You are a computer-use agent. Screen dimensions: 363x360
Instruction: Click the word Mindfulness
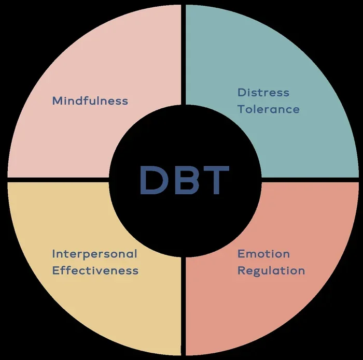pos(90,101)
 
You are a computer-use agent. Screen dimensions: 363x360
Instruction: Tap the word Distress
pos(263,93)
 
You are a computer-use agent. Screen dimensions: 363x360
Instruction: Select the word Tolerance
pos(269,109)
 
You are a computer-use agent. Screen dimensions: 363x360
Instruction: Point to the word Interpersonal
pos(95,254)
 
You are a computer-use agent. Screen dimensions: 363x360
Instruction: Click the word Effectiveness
pos(95,270)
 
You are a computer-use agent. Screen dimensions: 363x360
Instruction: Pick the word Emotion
pos(263,254)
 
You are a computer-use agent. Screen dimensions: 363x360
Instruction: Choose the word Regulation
pos(271,271)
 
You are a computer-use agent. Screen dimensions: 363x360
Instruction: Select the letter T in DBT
pos(215,180)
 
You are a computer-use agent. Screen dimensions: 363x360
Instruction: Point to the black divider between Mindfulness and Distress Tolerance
pos(184,55)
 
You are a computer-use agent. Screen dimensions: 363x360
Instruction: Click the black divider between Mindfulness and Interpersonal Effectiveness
pos(58,180)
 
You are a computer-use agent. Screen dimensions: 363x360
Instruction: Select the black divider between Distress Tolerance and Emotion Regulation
pos(310,180)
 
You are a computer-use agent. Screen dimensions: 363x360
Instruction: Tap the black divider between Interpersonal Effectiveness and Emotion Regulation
pos(184,306)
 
